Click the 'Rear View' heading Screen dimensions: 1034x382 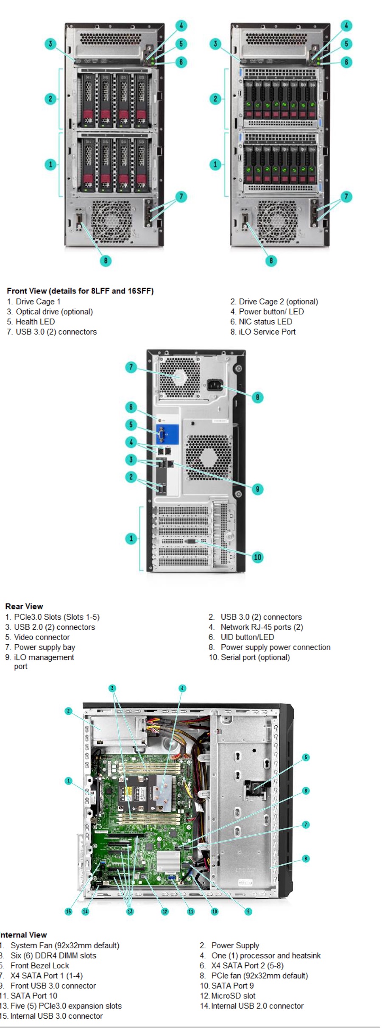[24, 606]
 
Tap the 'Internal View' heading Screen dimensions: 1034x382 [23, 934]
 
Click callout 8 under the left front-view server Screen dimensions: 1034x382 [106, 260]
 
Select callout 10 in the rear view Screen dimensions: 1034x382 [257, 557]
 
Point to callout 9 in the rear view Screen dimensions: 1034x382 [257, 489]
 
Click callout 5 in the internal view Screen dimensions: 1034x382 [306, 757]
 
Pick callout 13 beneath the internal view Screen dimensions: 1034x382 [130, 911]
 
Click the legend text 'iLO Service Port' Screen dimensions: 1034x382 [267, 332]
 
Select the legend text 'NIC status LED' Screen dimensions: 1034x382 [265, 321]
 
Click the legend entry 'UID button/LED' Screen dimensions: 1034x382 [247, 637]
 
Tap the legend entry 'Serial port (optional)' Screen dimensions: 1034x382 [255, 657]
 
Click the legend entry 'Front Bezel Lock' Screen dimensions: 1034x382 [39, 965]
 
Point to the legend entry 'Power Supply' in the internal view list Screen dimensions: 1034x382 [235, 945]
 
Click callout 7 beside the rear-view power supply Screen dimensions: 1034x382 [131, 367]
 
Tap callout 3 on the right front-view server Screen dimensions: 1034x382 [215, 43]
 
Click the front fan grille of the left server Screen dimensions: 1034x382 [111, 220]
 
